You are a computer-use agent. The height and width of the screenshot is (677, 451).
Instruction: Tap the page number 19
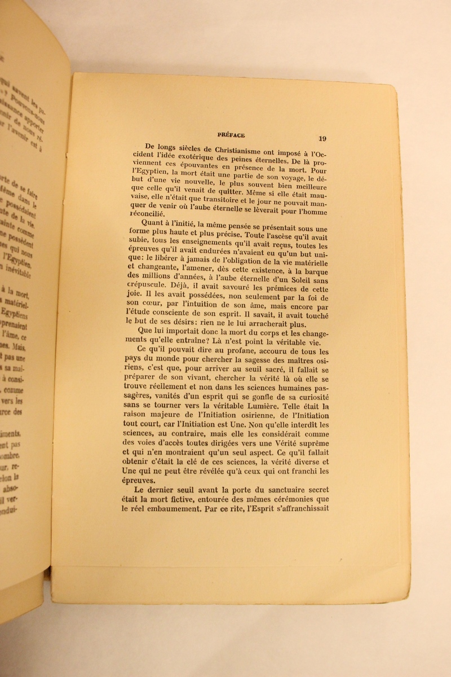point(322,138)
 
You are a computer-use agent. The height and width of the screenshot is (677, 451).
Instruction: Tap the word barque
point(314,270)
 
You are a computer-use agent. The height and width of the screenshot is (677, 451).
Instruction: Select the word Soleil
point(300,280)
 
